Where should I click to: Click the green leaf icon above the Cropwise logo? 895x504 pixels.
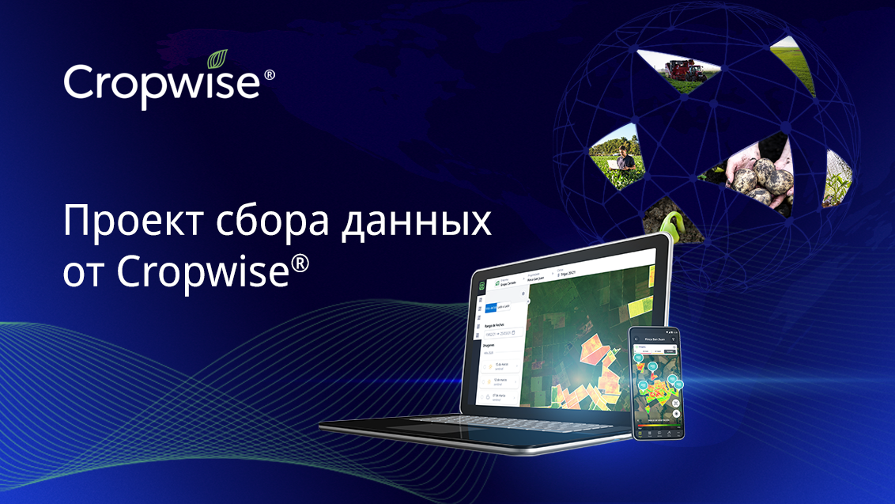pyautogui.click(x=217, y=59)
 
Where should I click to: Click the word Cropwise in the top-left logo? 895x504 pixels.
pyautogui.click(x=162, y=83)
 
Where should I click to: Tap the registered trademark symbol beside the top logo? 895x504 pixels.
pyautogui.click(x=269, y=74)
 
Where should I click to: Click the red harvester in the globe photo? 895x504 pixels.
pyautogui.click(x=685, y=70)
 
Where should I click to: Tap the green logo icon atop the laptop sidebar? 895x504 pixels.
pyautogui.click(x=480, y=283)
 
